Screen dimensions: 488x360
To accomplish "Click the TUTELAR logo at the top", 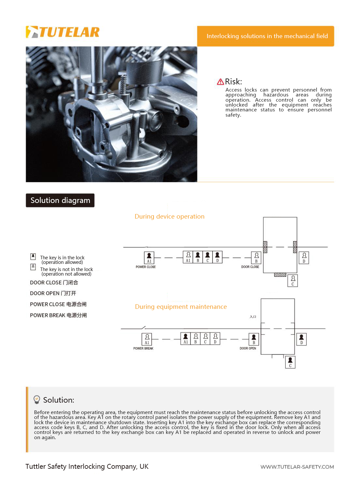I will (63, 32).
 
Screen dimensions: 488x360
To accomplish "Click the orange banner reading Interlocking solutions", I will (265, 36).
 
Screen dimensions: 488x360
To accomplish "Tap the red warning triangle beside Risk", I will (220, 82).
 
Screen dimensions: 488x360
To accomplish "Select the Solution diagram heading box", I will (60, 200).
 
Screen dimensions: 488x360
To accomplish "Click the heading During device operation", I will (169, 217).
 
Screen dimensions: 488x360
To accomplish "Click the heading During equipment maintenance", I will (181, 307).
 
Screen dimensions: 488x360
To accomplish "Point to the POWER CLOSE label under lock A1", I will (145, 267).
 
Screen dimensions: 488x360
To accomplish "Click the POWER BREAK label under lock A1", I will (143, 349).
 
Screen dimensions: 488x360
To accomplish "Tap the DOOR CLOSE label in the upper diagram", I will (250, 267).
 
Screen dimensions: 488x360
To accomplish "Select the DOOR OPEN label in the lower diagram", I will (248, 349).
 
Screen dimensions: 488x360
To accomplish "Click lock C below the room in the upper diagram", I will (293, 280).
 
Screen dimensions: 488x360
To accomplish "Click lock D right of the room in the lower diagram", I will (301, 339).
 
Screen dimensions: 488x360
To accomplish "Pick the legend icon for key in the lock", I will (33, 256).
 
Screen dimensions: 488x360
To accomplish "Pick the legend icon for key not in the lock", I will (33, 267).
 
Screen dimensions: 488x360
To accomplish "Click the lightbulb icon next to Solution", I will (37, 399).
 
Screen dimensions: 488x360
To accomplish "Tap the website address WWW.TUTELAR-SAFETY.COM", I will (297, 467).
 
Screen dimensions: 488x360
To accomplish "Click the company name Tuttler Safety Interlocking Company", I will (87, 466).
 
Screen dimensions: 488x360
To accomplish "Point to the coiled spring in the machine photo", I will (123, 85).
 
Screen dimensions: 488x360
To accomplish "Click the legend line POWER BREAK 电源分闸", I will (58, 315).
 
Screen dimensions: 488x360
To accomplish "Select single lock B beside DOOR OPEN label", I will (254, 339).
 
